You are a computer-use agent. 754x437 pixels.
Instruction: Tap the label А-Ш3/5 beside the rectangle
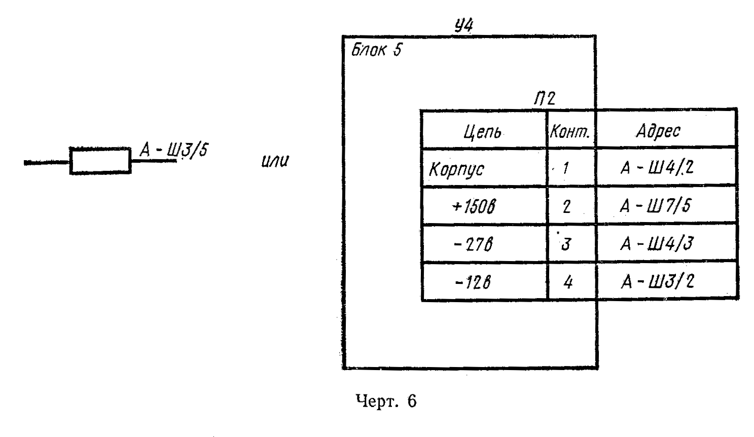coord(174,150)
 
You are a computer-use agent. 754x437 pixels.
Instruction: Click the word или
coord(275,161)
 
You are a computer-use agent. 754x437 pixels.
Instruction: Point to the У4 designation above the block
coord(464,25)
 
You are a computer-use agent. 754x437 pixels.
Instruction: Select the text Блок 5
coord(376,50)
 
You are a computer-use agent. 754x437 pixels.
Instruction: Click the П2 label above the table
coord(545,98)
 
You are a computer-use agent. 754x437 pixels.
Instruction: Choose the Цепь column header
coord(482,132)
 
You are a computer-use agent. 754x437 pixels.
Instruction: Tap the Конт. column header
coord(570,132)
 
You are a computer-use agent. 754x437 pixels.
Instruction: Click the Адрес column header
coord(658,130)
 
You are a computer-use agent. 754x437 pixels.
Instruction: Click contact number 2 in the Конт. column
coord(566,206)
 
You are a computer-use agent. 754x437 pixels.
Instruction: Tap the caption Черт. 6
coord(386,401)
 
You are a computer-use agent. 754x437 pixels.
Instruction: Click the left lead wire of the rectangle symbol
coord(47,163)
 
